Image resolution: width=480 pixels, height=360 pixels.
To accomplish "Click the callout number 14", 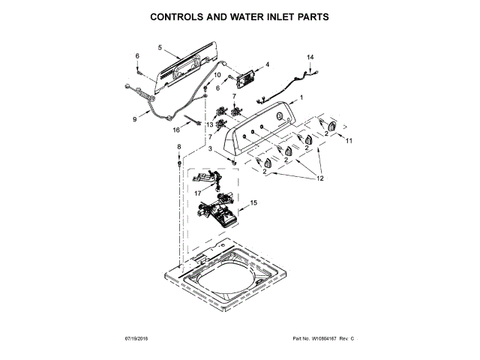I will pyautogui.click(x=310, y=57).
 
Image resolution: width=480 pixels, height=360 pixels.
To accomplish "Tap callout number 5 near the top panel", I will pyautogui.click(x=160, y=47).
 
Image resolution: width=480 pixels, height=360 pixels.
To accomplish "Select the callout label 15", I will pyautogui.click(x=253, y=202).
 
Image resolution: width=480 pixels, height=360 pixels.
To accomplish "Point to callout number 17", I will pyautogui.click(x=187, y=192).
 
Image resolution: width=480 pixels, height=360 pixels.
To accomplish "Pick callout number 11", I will pyautogui.click(x=348, y=140).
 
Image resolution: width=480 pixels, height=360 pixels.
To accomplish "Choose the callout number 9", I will pyautogui.click(x=136, y=118).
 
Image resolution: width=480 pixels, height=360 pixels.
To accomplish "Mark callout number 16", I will pyautogui.click(x=177, y=129).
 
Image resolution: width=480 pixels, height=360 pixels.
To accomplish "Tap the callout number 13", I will pyautogui.click(x=210, y=124).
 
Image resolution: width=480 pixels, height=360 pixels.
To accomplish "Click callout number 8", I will pyautogui.click(x=178, y=146).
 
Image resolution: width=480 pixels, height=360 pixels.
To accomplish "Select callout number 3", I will pyautogui.click(x=211, y=150).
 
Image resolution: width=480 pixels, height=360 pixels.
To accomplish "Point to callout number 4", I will pyautogui.click(x=267, y=64).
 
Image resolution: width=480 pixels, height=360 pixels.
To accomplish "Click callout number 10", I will pyautogui.click(x=217, y=75).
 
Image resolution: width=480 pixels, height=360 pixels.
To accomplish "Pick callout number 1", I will pyautogui.click(x=301, y=97).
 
